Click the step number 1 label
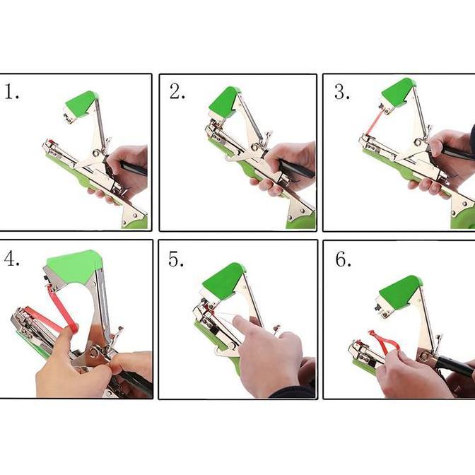[12, 92]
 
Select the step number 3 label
[341, 92]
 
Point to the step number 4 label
[11, 259]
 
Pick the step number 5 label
[177, 259]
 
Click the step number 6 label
[343, 259]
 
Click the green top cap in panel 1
[81, 102]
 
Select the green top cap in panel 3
[397, 92]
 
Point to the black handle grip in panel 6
[452, 366]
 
